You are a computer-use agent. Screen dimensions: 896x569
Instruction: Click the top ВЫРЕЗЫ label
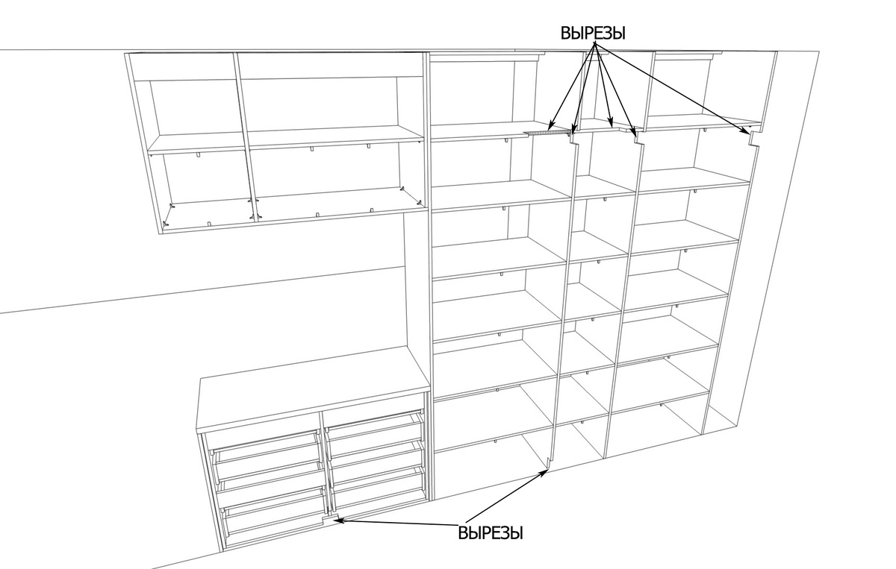[x=593, y=33]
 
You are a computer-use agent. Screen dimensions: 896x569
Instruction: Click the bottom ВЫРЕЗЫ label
[x=491, y=533]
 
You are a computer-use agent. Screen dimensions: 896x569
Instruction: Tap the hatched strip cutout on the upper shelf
[x=547, y=132]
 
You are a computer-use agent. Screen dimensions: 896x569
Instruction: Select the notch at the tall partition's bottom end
[x=548, y=463]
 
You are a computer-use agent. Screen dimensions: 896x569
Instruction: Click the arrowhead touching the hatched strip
[x=551, y=126]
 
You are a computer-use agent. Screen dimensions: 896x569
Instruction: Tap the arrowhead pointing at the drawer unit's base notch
[x=339, y=520]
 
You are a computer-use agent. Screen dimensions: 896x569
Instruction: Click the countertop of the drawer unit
[x=312, y=388]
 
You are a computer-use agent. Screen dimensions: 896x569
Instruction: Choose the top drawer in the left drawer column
[x=265, y=449]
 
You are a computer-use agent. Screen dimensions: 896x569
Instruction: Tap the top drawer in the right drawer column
[x=374, y=426]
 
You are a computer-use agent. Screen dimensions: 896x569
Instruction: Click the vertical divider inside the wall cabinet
[x=244, y=136]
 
